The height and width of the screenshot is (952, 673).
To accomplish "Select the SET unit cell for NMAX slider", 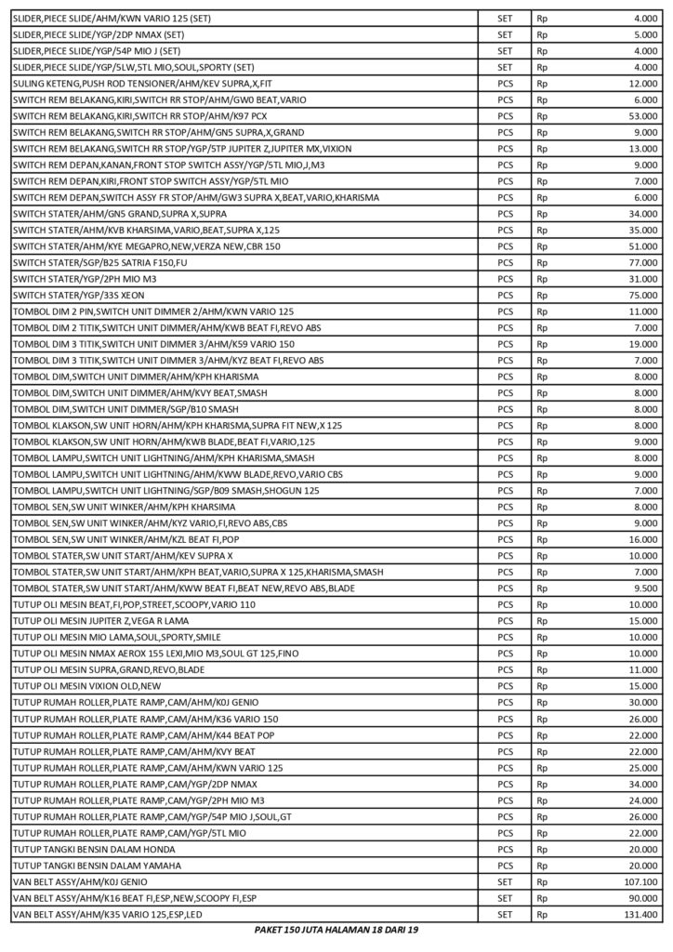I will click(505, 34).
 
